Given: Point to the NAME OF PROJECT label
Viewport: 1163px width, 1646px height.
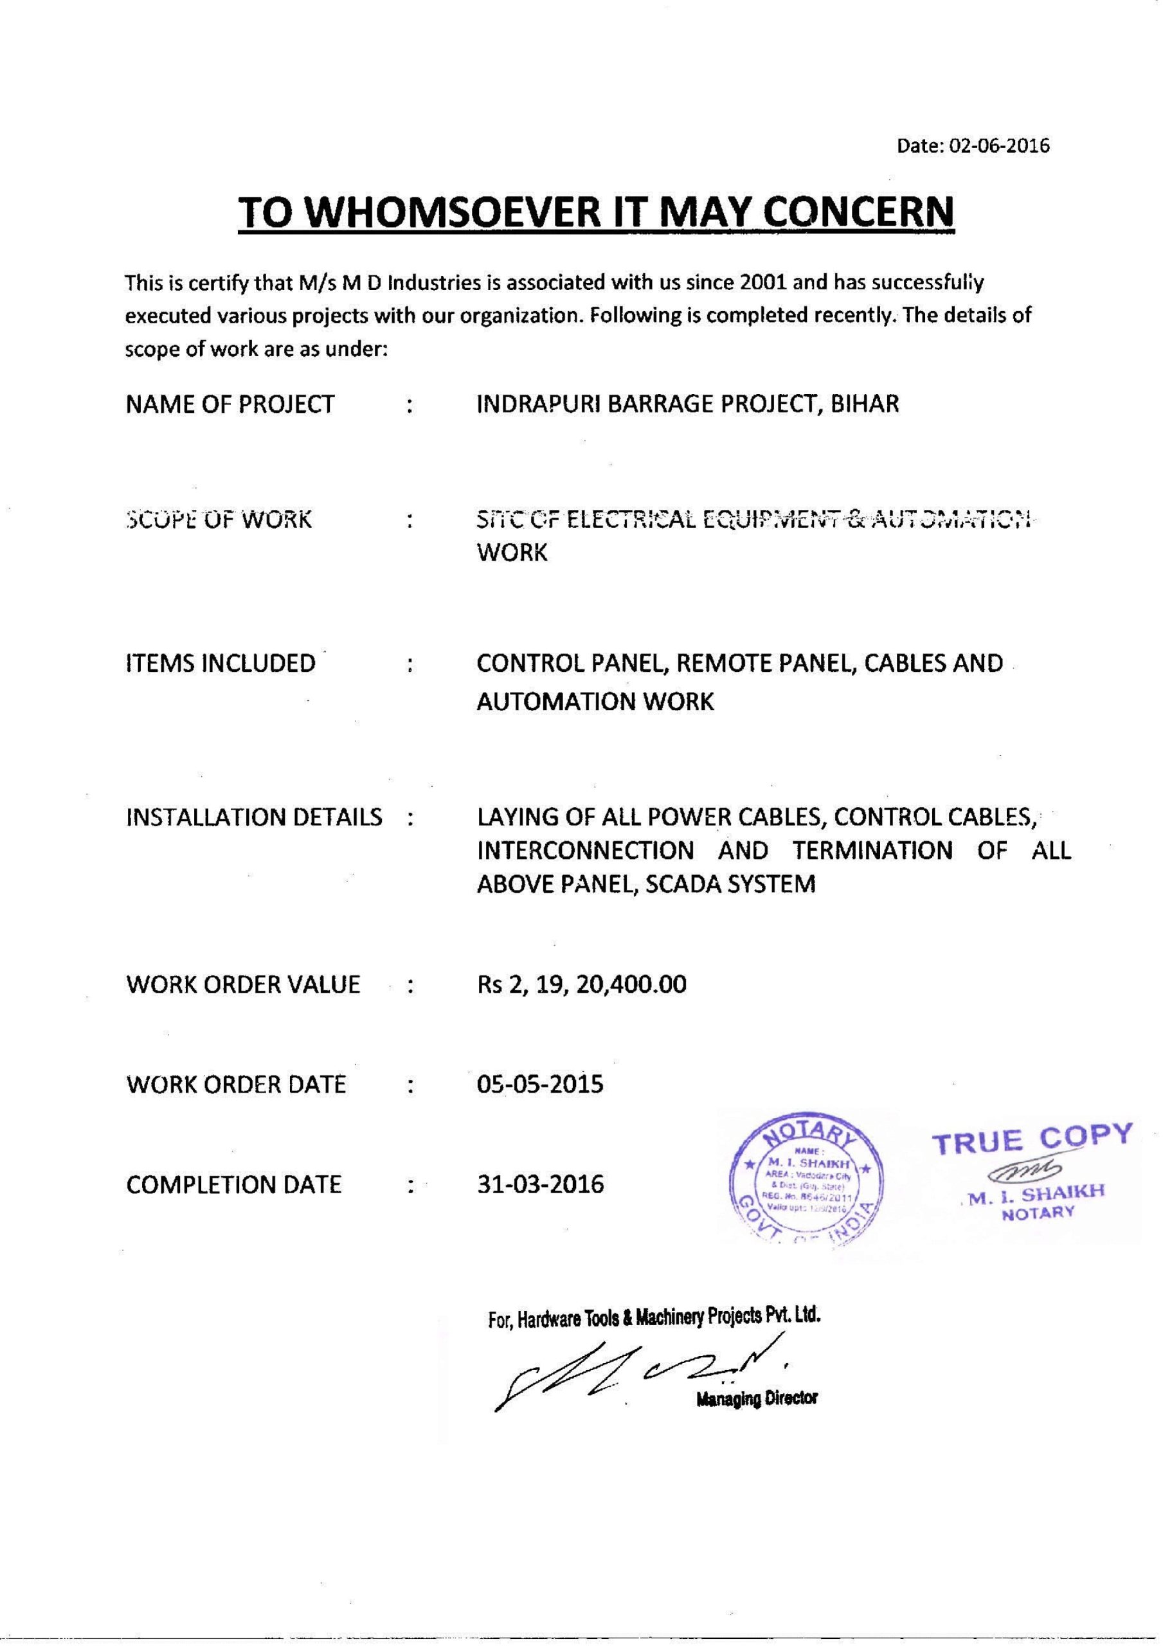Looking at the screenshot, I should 230,404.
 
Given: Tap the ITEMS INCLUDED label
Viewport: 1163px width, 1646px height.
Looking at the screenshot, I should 221,663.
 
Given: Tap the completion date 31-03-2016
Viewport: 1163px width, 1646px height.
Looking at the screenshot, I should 540,1184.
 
